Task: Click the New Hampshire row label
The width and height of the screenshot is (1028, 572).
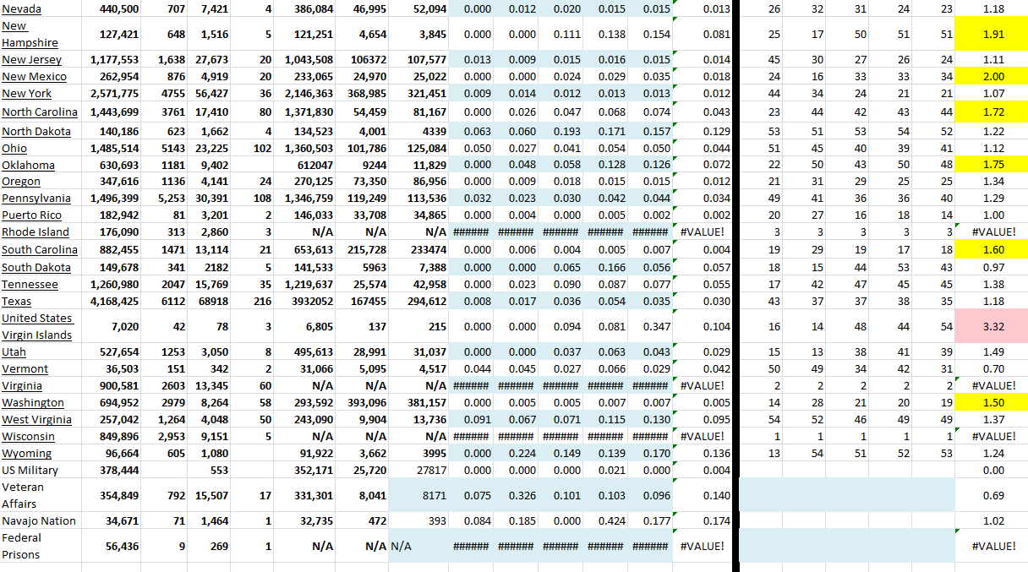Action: click(x=30, y=34)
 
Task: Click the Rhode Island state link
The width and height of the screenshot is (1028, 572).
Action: click(x=36, y=232)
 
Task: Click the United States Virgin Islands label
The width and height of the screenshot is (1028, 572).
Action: click(x=37, y=326)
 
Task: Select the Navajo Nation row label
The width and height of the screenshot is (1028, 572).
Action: click(x=39, y=520)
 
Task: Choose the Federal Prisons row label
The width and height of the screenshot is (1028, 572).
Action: click(x=21, y=546)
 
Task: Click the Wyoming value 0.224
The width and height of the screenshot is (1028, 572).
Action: click(x=522, y=454)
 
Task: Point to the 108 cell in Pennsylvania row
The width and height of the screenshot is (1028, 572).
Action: click(x=261, y=198)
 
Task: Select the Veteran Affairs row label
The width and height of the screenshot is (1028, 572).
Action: click(x=23, y=495)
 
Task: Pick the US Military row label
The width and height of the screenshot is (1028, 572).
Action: click(x=30, y=470)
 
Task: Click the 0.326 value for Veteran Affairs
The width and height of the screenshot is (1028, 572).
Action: click(x=522, y=495)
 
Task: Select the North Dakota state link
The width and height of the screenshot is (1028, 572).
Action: click(x=36, y=131)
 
